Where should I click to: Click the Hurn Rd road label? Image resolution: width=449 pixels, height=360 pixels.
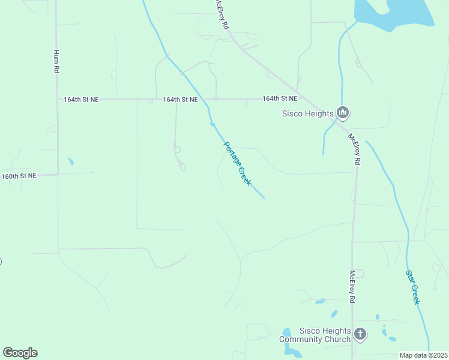click(56, 62)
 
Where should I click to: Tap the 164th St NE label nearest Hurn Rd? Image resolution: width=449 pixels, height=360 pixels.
click(81, 100)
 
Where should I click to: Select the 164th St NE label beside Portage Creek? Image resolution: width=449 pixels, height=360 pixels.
click(180, 100)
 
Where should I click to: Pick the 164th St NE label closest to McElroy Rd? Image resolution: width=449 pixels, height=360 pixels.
click(280, 98)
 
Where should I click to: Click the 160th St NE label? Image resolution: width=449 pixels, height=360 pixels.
click(19, 176)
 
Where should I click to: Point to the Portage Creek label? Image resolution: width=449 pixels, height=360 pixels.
click(237, 163)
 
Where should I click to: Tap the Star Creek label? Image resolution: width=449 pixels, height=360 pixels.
click(412, 287)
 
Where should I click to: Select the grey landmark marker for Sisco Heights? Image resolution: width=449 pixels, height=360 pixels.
click(343, 112)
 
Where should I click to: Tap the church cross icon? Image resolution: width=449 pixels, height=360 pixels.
click(360, 334)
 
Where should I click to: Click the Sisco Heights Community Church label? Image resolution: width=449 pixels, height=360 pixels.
click(316, 335)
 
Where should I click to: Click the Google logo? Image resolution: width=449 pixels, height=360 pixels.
click(20, 353)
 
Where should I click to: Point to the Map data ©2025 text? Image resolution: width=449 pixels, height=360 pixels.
click(423, 355)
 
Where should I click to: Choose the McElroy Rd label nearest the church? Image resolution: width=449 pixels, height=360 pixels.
click(352, 286)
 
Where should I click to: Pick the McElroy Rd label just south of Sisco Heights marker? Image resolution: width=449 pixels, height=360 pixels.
click(355, 149)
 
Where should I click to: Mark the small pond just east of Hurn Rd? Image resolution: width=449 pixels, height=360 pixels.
click(71, 161)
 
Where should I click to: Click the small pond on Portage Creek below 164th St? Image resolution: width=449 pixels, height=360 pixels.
click(212, 124)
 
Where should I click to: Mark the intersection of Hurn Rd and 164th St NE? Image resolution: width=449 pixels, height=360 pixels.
click(57, 100)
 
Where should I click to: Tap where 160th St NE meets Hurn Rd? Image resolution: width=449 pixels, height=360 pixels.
click(58, 175)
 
